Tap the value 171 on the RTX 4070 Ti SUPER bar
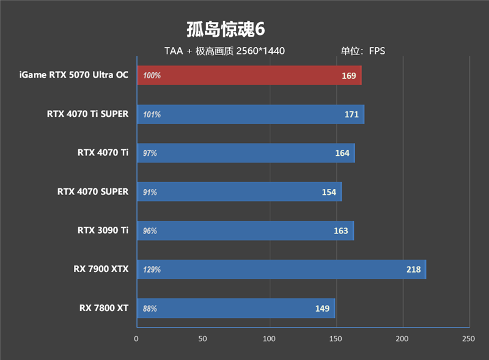[351, 114]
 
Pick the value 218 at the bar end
[413, 270]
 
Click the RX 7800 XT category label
[104, 308]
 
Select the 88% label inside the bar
[150, 309]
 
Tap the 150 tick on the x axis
[336, 338]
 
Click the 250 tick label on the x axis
[468, 338]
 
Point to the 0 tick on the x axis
[137, 338]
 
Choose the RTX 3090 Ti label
[103, 230]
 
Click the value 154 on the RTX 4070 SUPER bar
[329, 192]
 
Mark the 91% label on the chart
[150, 192]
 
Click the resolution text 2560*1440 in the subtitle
[260, 51]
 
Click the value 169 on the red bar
[349, 76]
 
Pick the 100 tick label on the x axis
[270, 338]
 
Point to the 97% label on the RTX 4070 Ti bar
[150, 153]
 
